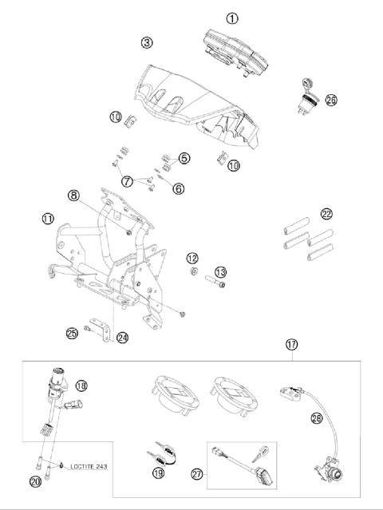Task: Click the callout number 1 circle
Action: pos(232,17)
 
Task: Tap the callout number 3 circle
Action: pos(146,41)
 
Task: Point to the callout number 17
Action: pos(292,345)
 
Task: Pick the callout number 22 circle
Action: pos(326,213)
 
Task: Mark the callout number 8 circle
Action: pos(117,194)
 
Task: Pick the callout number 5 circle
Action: pos(184,158)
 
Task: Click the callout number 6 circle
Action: pos(178,188)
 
